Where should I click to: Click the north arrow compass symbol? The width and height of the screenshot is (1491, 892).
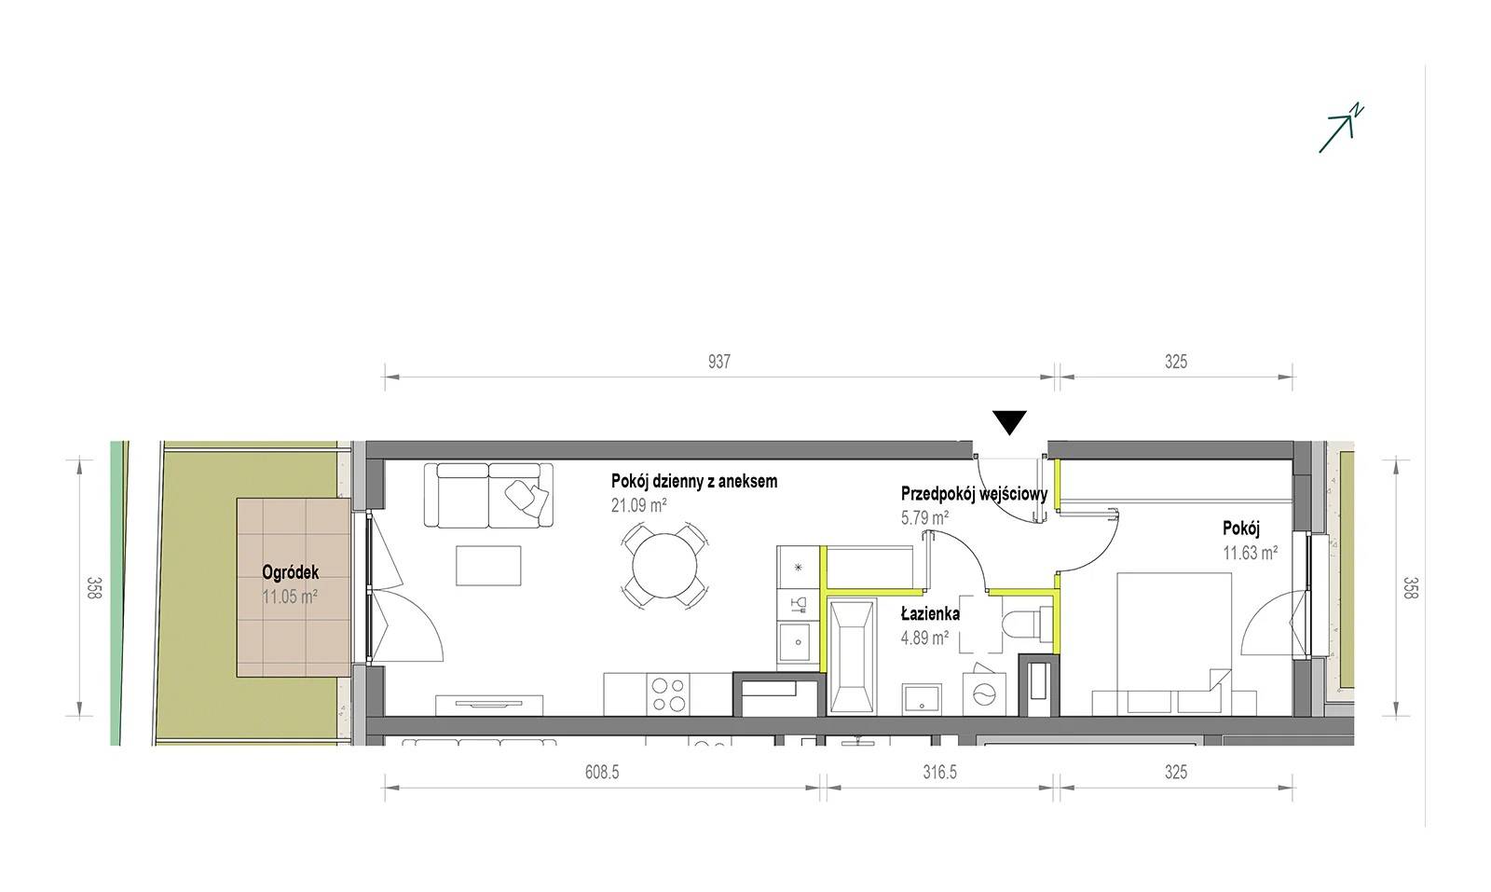pyautogui.click(x=1340, y=130)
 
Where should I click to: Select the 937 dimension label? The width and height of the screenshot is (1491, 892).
pyautogui.click(x=718, y=362)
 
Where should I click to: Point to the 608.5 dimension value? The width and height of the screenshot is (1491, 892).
pyautogui.click(x=602, y=772)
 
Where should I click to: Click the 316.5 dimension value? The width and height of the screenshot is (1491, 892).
pyautogui.click(x=939, y=772)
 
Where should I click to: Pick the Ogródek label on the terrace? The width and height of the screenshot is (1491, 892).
pyautogui.click(x=290, y=572)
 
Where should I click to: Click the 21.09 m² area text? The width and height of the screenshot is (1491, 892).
pyautogui.click(x=639, y=506)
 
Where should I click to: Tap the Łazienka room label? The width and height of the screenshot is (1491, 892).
pyautogui.click(x=930, y=613)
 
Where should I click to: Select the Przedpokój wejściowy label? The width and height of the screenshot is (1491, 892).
pyautogui.click(x=975, y=494)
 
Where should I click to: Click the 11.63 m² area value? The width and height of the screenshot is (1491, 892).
pyautogui.click(x=1250, y=553)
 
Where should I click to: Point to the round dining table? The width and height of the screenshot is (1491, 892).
pyautogui.click(x=664, y=566)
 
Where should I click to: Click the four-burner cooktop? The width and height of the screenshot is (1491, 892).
pyautogui.click(x=668, y=694)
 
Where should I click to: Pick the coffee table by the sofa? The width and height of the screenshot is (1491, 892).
pyautogui.click(x=488, y=566)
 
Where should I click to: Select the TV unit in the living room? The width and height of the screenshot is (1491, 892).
pyautogui.click(x=489, y=706)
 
